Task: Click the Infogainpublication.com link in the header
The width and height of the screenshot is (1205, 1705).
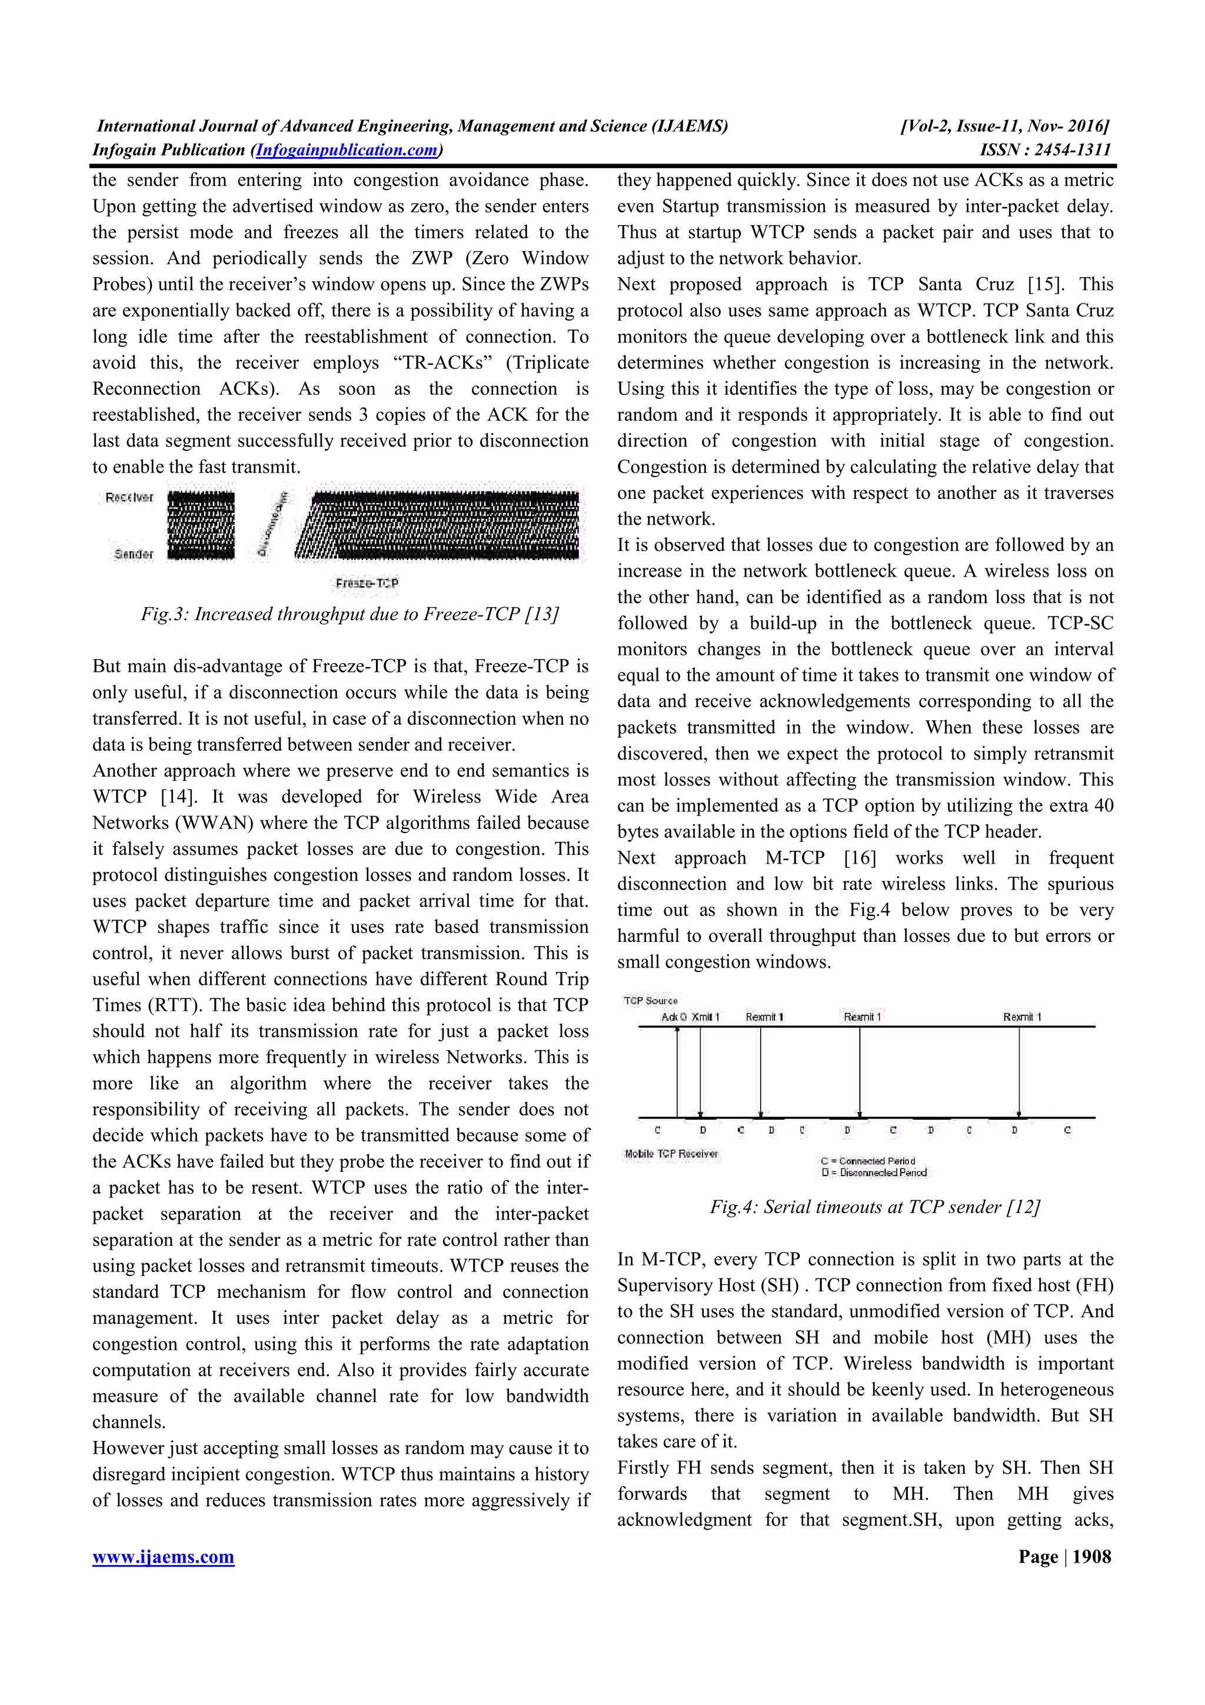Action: click(x=346, y=150)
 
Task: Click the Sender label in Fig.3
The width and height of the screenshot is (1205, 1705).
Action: click(x=134, y=554)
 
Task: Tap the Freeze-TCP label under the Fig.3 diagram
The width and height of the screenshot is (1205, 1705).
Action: click(x=367, y=583)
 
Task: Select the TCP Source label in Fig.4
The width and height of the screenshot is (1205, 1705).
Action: click(x=650, y=1000)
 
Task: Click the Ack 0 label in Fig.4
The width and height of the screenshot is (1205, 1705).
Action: click(x=674, y=1017)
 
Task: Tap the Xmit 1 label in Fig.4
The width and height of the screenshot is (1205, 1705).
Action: click(x=706, y=1017)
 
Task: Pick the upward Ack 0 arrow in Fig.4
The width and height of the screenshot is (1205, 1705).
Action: click(x=677, y=1070)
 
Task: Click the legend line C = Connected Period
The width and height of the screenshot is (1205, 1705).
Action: click(x=868, y=1161)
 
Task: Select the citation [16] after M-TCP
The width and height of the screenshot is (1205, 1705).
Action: click(x=860, y=858)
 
